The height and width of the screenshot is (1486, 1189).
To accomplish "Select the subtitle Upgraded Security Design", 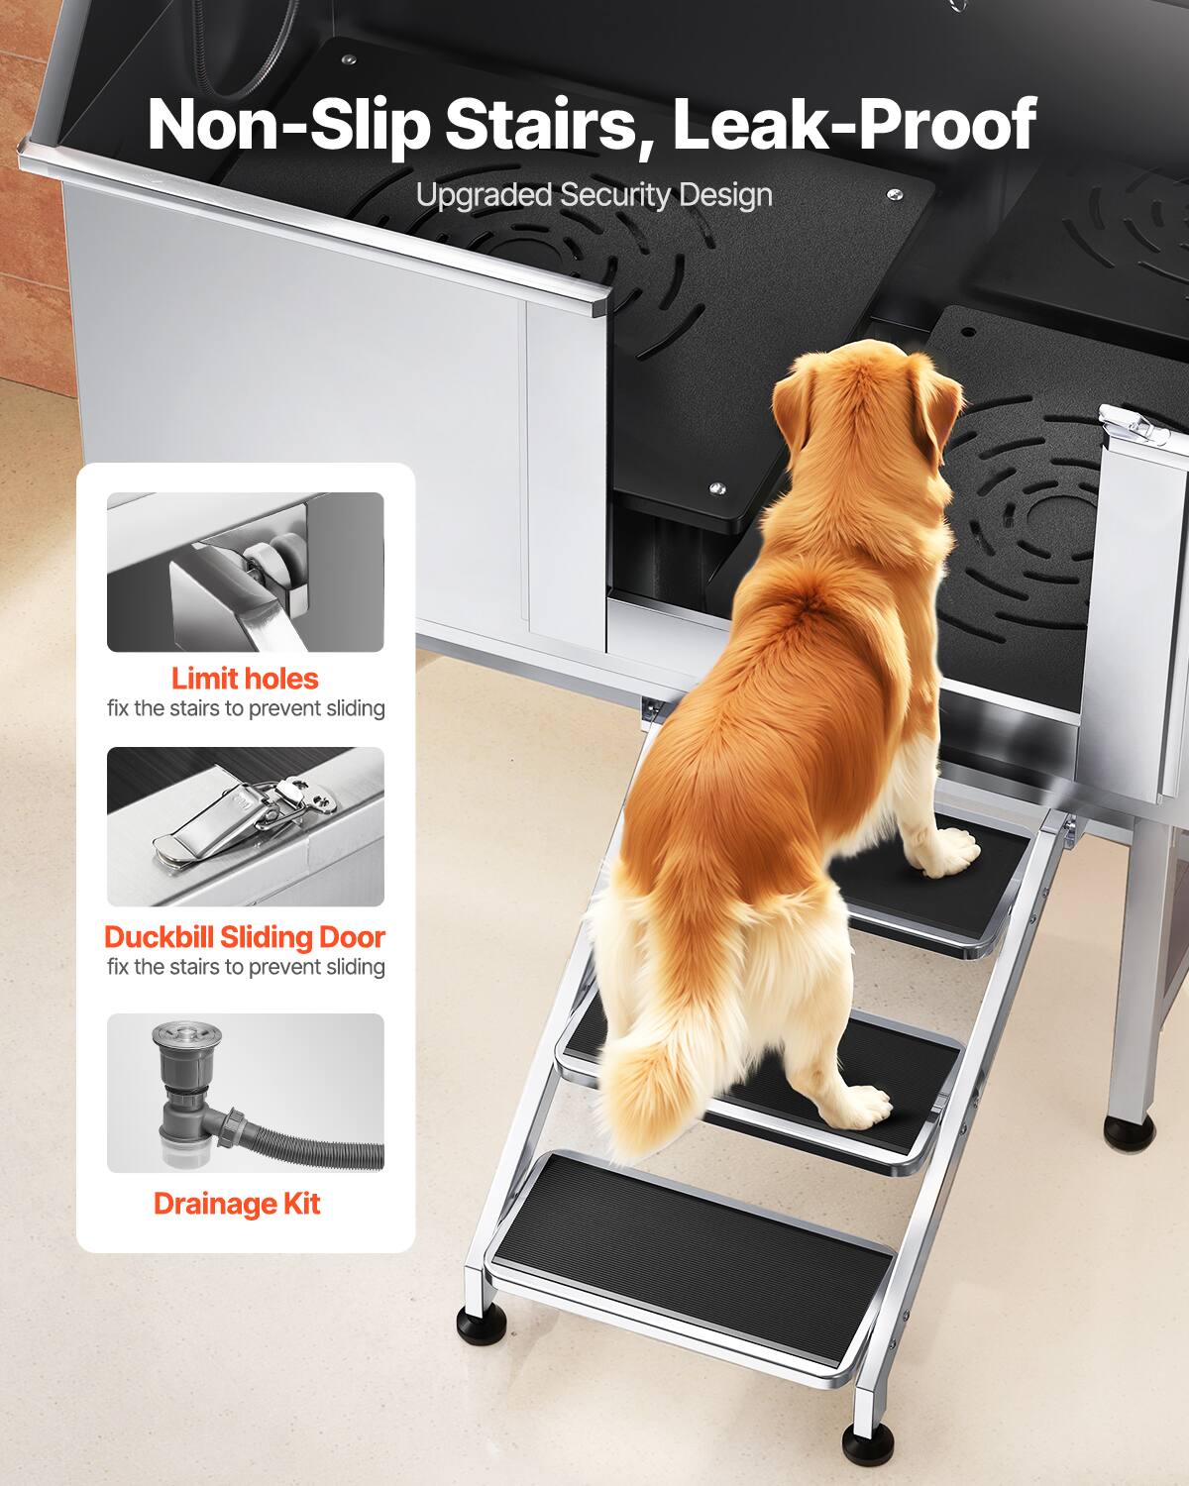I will (x=594, y=195).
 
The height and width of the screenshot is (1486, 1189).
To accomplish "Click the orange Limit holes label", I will (x=245, y=679).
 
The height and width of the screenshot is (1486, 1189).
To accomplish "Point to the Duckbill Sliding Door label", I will (x=245, y=936).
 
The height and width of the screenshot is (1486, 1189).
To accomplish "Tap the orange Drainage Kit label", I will (x=237, y=1204).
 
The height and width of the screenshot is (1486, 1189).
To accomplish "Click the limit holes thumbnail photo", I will (x=245, y=573).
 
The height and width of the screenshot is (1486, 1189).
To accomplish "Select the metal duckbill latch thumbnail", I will (x=245, y=826).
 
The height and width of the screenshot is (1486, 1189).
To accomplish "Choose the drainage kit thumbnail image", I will (x=245, y=1093).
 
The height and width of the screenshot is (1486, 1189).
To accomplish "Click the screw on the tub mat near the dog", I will (x=717, y=488).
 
